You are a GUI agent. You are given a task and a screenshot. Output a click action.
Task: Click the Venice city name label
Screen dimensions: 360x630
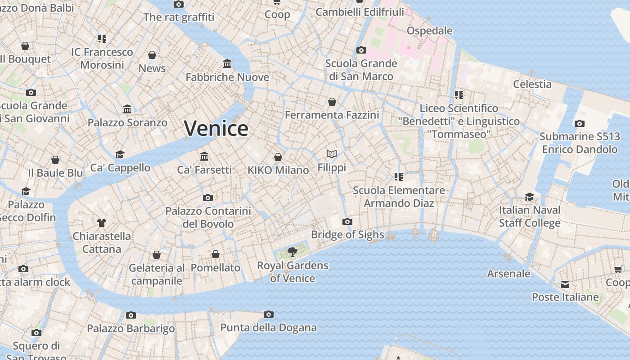[216, 129]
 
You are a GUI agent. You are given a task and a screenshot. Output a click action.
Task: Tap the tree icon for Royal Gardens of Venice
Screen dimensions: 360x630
[292, 252]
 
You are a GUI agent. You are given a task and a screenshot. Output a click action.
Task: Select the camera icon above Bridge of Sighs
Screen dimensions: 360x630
[347, 221]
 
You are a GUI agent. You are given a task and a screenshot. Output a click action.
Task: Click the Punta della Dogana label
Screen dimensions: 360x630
[268, 328]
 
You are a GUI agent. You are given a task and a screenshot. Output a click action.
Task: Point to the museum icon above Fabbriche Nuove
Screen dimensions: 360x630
[227, 64]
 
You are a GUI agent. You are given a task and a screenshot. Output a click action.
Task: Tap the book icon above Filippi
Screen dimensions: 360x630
[332, 154]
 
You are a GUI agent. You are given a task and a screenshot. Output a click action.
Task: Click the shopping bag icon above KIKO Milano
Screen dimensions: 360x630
[278, 157]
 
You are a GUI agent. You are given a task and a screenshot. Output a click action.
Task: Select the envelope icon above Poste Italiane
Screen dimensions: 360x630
[565, 284]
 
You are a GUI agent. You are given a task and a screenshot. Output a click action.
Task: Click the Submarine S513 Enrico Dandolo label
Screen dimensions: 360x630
[579, 143]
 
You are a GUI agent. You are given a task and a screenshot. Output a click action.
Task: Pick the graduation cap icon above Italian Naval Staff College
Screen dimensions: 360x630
[530, 197]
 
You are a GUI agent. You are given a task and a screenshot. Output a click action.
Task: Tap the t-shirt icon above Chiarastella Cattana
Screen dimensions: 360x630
[102, 223]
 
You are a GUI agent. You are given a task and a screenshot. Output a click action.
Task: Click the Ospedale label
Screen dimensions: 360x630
[429, 31]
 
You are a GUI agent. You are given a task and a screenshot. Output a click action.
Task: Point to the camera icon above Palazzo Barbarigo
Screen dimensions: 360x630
[131, 315]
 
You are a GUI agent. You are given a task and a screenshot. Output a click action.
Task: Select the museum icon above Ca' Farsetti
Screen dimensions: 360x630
[204, 156]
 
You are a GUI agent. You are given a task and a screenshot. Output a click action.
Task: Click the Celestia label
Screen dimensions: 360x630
[532, 84]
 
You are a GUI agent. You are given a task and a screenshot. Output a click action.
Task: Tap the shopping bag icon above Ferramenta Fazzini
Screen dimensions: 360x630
[332, 102]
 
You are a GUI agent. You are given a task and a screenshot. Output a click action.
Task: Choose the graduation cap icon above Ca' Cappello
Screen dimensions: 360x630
[120, 155]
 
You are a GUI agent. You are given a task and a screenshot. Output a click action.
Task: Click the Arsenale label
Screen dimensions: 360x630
[508, 274]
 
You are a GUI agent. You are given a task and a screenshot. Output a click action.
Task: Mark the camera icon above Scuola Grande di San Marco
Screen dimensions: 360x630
[361, 50]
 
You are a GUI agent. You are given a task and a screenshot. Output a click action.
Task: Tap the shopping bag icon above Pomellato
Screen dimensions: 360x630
[216, 255]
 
